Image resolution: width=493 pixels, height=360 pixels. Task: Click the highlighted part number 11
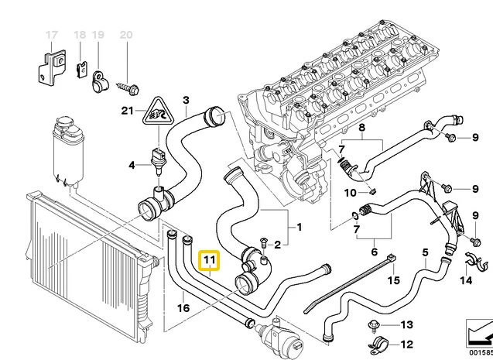click(210, 260)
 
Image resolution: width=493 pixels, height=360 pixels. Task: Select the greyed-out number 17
click(52, 35)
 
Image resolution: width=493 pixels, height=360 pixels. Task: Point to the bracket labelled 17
click(52, 67)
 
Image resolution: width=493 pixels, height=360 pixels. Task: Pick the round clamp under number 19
click(100, 82)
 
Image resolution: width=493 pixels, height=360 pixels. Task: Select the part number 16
click(183, 308)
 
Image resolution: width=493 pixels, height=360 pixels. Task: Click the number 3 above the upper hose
click(186, 101)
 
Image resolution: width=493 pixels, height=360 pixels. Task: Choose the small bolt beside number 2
click(263, 243)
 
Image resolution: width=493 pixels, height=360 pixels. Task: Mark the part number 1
click(299, 227)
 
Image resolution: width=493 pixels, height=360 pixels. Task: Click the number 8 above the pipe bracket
click(361, 128)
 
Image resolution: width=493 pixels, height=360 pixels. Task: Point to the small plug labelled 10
click(372, 191)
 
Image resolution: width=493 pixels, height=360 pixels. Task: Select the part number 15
click(393, 279)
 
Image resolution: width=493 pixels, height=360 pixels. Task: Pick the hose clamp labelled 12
click(377, 345)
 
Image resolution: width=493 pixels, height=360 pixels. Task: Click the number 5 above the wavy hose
click(425, 252)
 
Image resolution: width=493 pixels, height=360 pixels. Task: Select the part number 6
click(374, 252)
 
